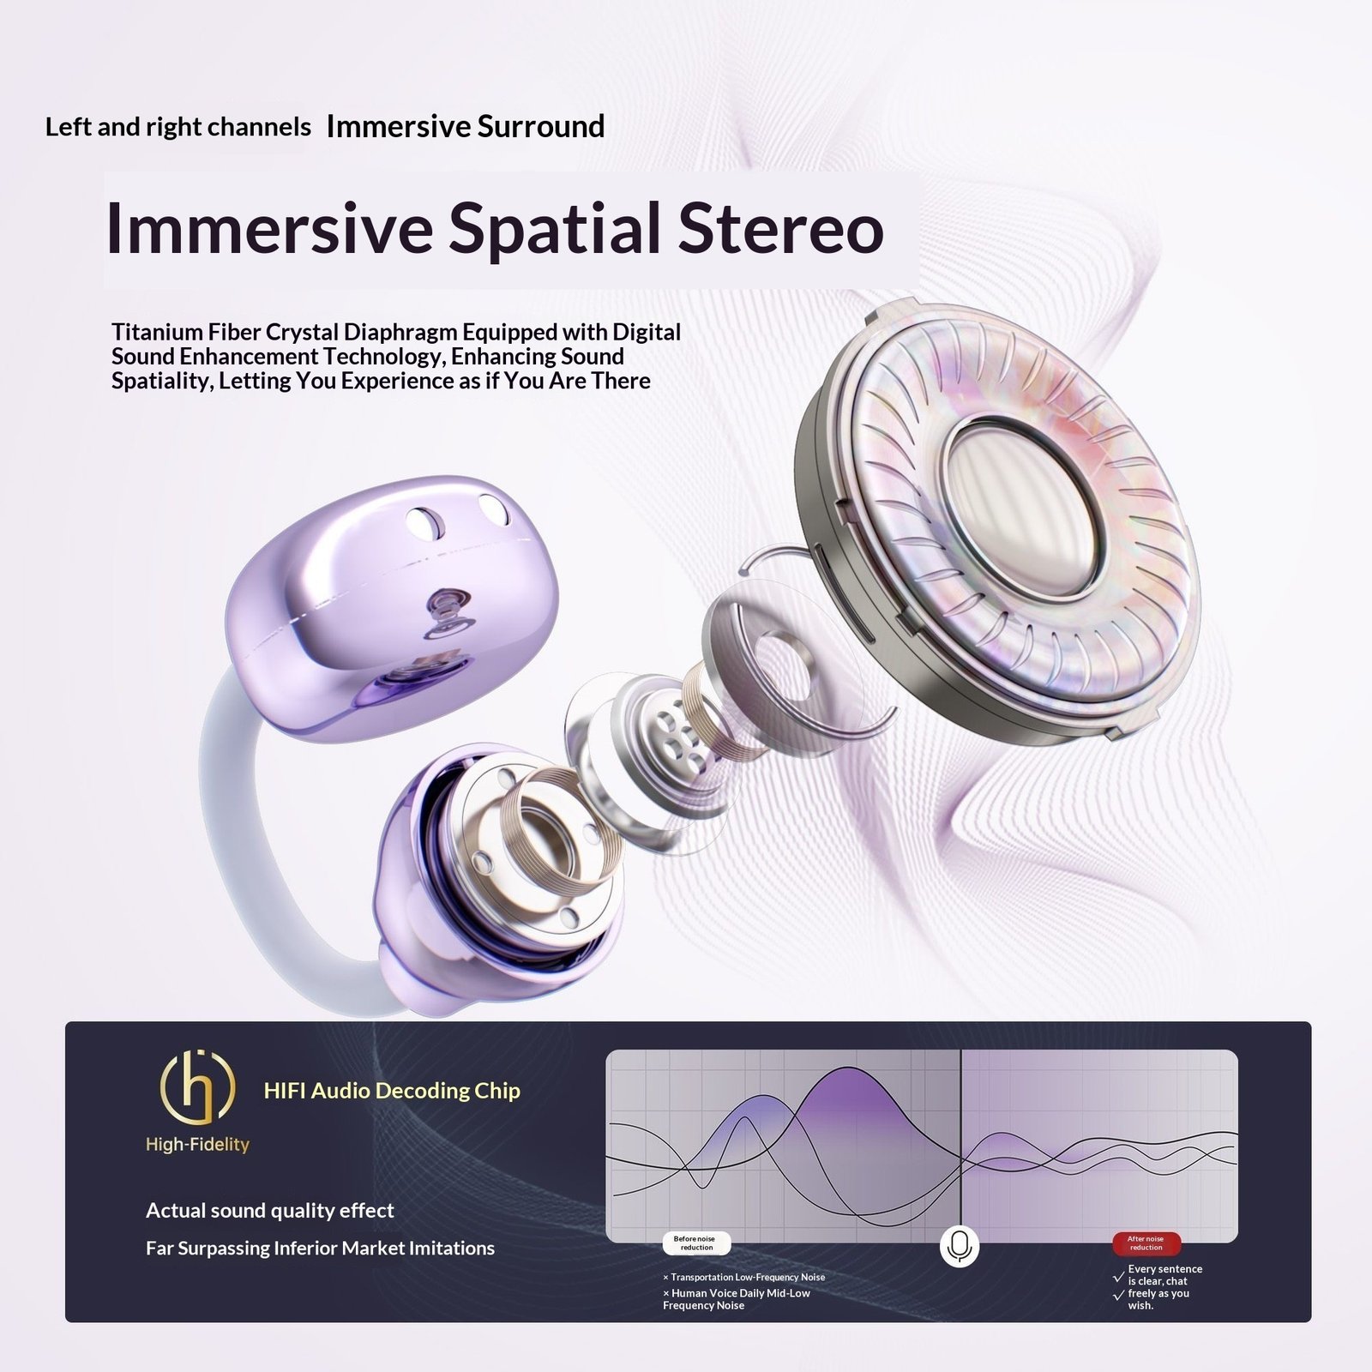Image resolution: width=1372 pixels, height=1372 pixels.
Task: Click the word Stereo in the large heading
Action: click(781, 228)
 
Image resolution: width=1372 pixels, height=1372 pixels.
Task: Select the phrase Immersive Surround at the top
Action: click(466, 126)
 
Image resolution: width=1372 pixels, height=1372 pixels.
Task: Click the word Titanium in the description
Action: click(158, 332)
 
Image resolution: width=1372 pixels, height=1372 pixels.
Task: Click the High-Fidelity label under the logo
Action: click(197, 1145)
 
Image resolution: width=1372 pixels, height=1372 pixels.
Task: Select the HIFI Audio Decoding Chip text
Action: click(392, 1091)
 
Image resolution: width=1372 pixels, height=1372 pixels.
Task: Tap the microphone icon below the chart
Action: click(960, 1246)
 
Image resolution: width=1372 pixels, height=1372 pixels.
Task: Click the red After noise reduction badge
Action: click(1146, 1243)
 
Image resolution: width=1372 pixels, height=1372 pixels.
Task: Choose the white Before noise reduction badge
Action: click(696, 1243)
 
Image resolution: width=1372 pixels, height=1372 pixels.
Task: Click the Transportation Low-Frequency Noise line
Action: click(743, 1277)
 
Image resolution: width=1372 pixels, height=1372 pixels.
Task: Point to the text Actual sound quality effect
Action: click(270, 1210)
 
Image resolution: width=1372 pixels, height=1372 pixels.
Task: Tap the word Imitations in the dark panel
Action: click(452, 1248)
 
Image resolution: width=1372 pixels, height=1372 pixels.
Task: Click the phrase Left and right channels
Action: click(178, 127)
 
